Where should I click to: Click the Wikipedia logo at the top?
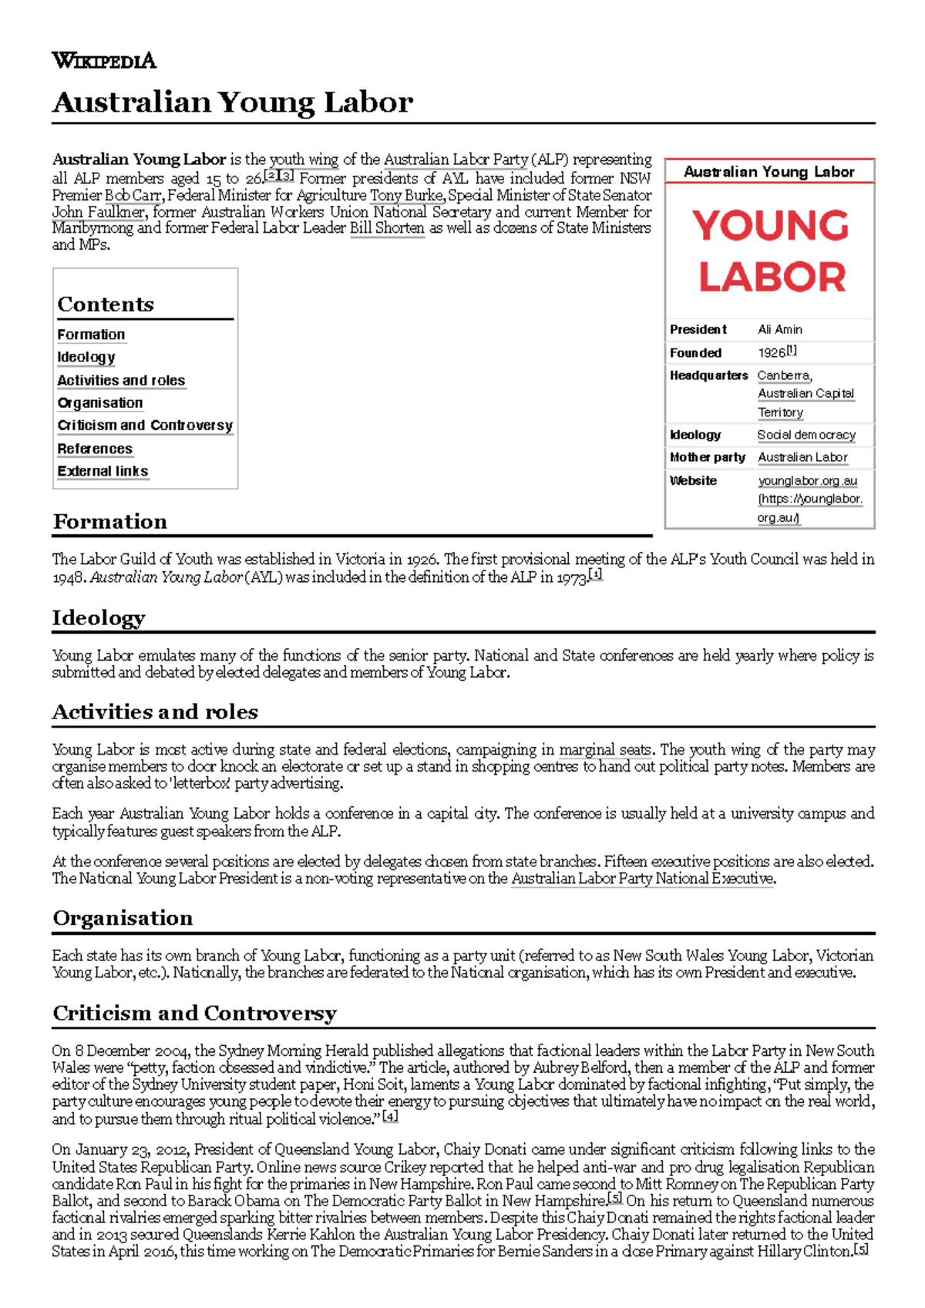coord(103,60)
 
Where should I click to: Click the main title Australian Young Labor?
coord(232,102)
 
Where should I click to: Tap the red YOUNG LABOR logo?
coord(770,251)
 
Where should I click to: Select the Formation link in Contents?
coord(91,335)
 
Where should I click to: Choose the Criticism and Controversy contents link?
coord(145,425)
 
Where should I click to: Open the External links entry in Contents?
coord(103,471)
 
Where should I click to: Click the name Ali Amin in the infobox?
coord(779,329)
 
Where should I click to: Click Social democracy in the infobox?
coord(806,435)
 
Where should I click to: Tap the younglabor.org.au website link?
coord(807,480)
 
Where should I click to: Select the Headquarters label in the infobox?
coord(708,375)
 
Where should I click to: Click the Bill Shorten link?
coord(387,228)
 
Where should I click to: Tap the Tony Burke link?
coord(406,195)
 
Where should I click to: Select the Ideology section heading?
coord(99,618)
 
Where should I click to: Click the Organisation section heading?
coord(123,918)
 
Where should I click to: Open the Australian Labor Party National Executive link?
coord(642,879)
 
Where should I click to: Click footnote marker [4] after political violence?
coord(390,1117)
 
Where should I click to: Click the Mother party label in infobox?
coord(707,457)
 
